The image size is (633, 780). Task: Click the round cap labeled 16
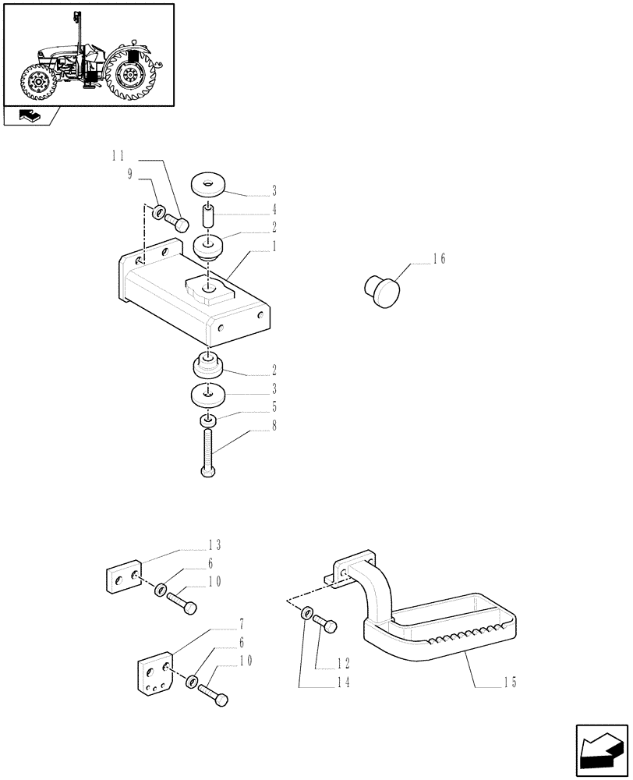[x=381, y=290]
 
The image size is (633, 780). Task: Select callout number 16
[x=439, y=259]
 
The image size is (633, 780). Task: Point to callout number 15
[x=511, y=682]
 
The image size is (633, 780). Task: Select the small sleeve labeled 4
[x=208, y=214]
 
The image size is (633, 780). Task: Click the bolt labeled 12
[x=326, y=625]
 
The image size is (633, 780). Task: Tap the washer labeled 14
[x=307, y=615]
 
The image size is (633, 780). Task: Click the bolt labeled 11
[x=182, y=225]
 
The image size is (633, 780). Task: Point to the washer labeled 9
[x=158, y=211]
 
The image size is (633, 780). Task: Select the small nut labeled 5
[x=207, y=421]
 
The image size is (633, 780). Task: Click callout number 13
[x=214, y=544]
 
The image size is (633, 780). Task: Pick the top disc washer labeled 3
[x=208, y=185]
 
